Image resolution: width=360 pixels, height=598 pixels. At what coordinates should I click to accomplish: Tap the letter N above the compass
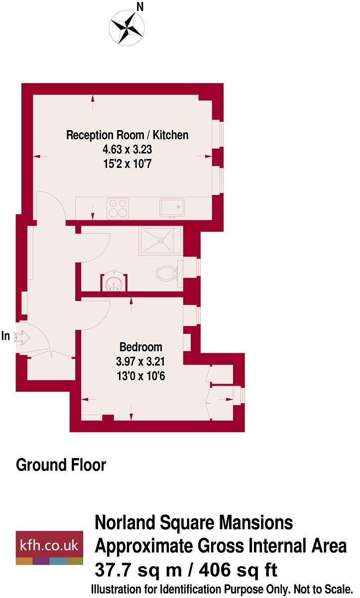pos(140,6)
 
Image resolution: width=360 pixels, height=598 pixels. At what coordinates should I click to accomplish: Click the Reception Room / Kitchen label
pos(127,135)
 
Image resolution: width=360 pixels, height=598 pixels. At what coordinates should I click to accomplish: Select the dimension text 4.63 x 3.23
pos(127,149)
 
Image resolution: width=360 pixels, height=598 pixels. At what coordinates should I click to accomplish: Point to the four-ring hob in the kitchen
pos(119,208)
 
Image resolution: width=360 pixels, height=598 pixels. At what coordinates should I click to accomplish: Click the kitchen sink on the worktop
pos(172,208)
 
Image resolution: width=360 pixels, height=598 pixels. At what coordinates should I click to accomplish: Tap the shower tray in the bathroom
pos(160,241)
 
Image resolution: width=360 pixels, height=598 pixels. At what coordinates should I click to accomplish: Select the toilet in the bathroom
pos(166,273)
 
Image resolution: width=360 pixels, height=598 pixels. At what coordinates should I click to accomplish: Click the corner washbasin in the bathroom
pos(115,283)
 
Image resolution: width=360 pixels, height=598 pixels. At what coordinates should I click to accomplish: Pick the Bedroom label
pos(141,347)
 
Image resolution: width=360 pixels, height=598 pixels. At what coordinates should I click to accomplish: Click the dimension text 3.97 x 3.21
pos(141,361)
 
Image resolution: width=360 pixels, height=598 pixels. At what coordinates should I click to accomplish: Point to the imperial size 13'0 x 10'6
pos(141,375)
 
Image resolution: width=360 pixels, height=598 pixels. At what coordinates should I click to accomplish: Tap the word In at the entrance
pos(6,336)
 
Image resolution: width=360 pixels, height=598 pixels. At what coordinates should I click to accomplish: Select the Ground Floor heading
pos(61,465)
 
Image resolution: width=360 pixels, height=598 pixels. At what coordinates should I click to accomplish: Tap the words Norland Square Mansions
pos(194,523)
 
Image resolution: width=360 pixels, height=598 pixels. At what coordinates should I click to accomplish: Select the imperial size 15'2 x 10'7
pos(127,162)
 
